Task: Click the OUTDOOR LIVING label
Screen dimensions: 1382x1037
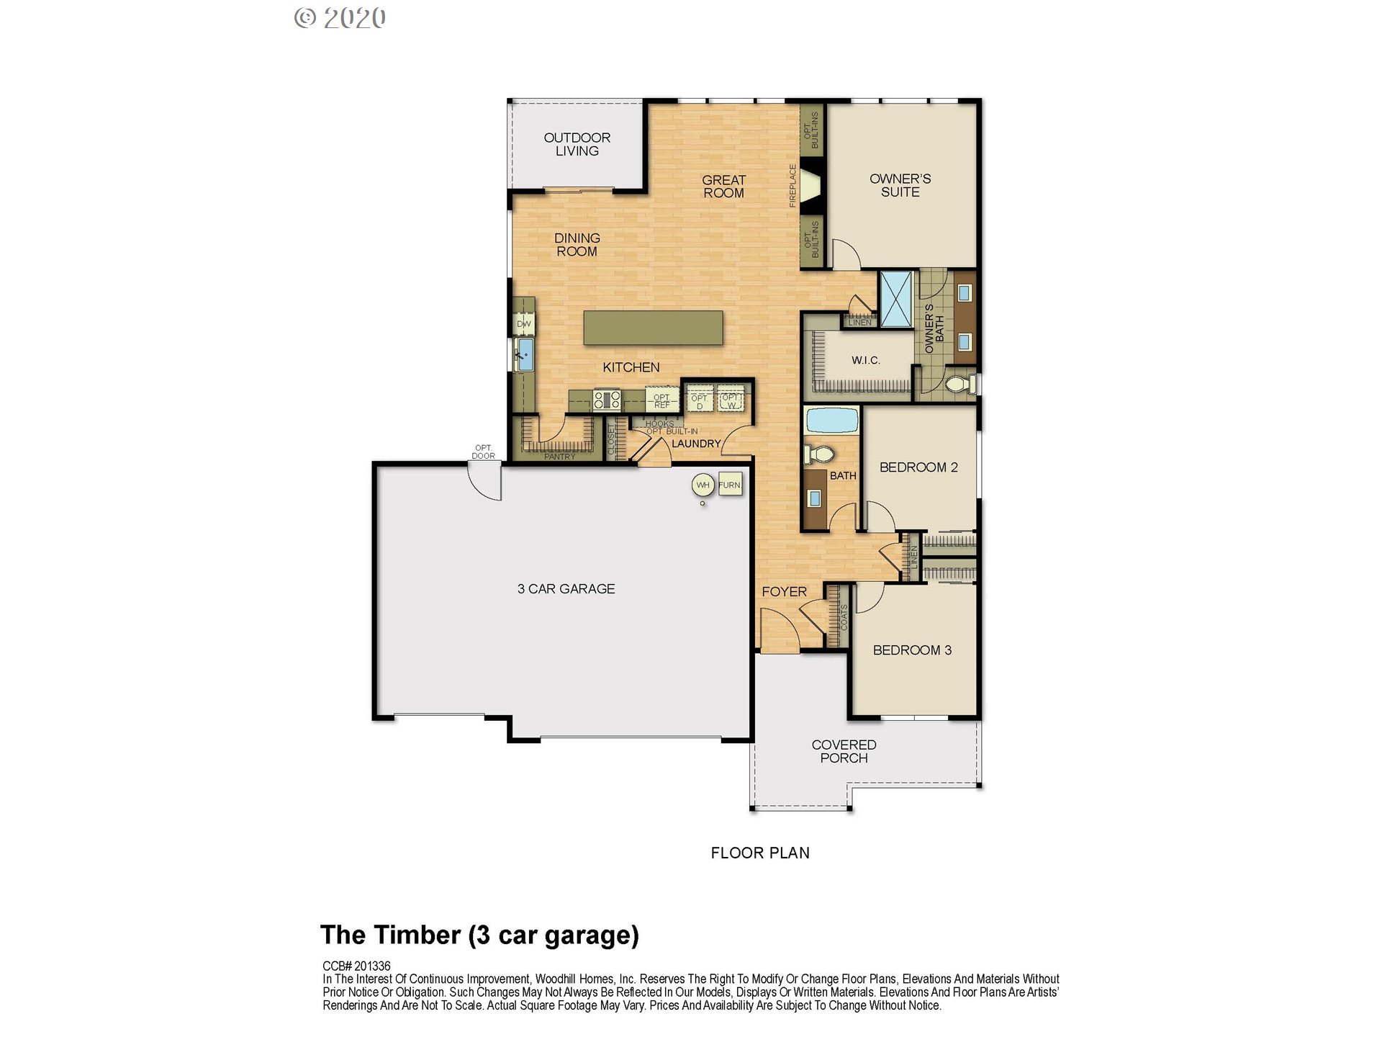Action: (x=577, y=144)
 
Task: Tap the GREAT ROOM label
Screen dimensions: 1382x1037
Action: (x=723, y=187)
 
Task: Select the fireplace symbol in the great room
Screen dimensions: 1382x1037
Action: (x=811, y=187)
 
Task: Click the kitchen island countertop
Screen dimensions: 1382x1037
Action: (x=653, y=328)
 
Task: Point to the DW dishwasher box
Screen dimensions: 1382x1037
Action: (x=524, y=323)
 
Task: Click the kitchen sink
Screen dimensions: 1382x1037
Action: (x=525, y=354)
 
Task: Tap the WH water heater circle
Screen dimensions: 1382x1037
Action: (x=703, y=485)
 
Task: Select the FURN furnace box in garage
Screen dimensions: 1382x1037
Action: (x=729, y=485)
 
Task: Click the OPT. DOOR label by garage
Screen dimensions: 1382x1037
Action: (x=483, y=452)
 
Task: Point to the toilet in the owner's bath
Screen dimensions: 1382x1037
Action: (x=959, y=383)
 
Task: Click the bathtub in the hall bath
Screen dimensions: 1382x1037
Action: (x=832, y=420)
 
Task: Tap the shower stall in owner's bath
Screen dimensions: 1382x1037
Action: (x=897, y=299)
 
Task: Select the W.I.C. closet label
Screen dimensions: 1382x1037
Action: (x=865, y=360)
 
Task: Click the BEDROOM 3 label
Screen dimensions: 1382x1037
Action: (x=912, y=650)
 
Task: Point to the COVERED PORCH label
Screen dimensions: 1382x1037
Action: (x=844, y=751)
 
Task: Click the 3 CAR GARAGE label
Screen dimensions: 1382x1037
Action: (x=566, y=589)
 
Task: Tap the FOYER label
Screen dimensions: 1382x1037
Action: (x=784, y=592)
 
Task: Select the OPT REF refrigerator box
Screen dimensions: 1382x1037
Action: (x=661, y=400)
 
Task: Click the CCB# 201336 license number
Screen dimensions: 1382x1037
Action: (x=356, y=966)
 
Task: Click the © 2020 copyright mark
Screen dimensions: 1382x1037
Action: (x=340, y=18)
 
